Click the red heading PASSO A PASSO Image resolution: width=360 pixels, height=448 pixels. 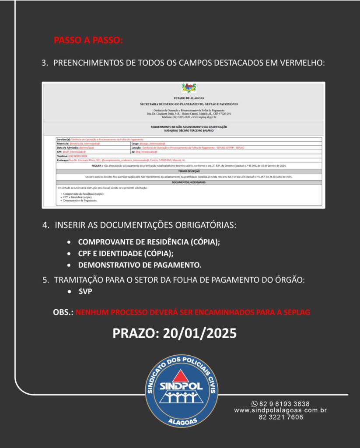(x=88, y=40)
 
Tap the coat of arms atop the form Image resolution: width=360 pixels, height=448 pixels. (x=189, y=88)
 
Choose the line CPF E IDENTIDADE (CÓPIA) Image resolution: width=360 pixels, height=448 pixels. (x=126, y=253)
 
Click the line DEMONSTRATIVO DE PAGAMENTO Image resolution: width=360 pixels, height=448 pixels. (x=140, y=265)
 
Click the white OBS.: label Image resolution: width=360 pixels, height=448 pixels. (x=63, y=312)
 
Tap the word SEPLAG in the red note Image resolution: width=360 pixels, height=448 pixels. (x=297, y=312)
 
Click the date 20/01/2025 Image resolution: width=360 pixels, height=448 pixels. (x=199, y=333)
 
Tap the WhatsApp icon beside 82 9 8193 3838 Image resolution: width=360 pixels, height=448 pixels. (x=255, y=404)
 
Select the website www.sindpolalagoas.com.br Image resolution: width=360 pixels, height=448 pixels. (x=280, y=411)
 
